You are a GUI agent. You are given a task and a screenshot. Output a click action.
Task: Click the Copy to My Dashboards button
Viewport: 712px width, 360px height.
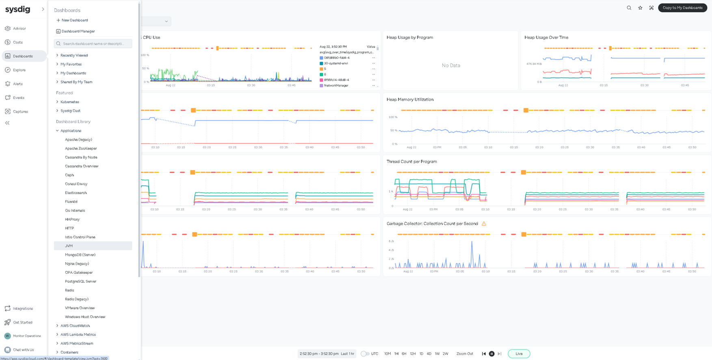click(682, 8)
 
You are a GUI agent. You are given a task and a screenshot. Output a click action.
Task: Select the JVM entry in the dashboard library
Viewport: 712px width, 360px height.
click(69, 246)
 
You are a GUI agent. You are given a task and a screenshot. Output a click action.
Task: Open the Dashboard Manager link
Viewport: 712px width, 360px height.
click(78, 31)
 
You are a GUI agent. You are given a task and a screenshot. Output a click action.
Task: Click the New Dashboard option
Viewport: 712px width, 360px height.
click(74, 20)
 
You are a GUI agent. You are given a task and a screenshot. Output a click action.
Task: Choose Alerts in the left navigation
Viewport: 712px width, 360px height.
click(18, 84)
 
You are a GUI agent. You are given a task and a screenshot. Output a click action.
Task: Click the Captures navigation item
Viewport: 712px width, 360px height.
click(20, 111)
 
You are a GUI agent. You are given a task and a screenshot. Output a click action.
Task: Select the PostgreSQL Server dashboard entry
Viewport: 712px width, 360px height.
click(80, 281)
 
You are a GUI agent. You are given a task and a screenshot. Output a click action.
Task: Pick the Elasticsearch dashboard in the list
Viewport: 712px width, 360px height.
click(76, 193)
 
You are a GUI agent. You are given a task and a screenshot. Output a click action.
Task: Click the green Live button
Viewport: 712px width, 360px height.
click(519, 353)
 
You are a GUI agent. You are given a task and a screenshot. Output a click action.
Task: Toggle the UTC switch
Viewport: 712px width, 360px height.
click(365, 353)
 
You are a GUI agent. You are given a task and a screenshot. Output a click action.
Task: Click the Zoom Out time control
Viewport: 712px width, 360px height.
click(465, 353)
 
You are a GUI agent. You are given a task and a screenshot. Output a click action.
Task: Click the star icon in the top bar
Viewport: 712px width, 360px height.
click(640, 8)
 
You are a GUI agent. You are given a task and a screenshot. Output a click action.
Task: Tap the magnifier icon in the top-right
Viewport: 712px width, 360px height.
click(629, 8)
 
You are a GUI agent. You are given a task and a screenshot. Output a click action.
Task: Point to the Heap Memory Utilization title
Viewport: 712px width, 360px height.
click(410, 100)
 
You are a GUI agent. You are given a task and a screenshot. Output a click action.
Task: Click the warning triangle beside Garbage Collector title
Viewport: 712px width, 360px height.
click(484, 223)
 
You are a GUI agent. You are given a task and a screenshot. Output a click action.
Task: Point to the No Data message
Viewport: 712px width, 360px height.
click(451, 65)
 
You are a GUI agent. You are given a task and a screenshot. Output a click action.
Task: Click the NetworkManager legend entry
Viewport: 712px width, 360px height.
click(336, 85)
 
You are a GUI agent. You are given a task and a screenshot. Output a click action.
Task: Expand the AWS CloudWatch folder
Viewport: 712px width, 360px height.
click(75, 326)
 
